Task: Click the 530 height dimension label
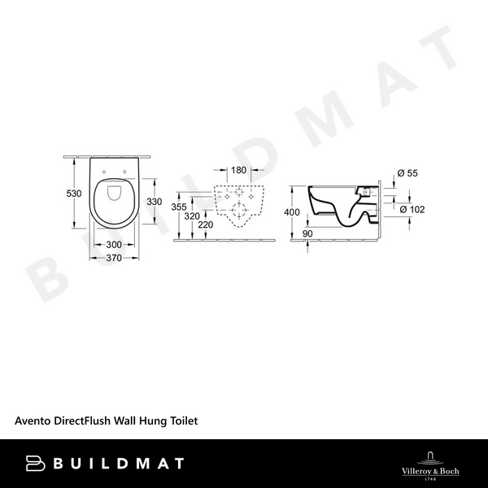75,193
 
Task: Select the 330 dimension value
154,201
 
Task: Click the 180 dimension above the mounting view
238,171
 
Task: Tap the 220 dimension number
206,225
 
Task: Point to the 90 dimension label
307,234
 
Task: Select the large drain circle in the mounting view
238,210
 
